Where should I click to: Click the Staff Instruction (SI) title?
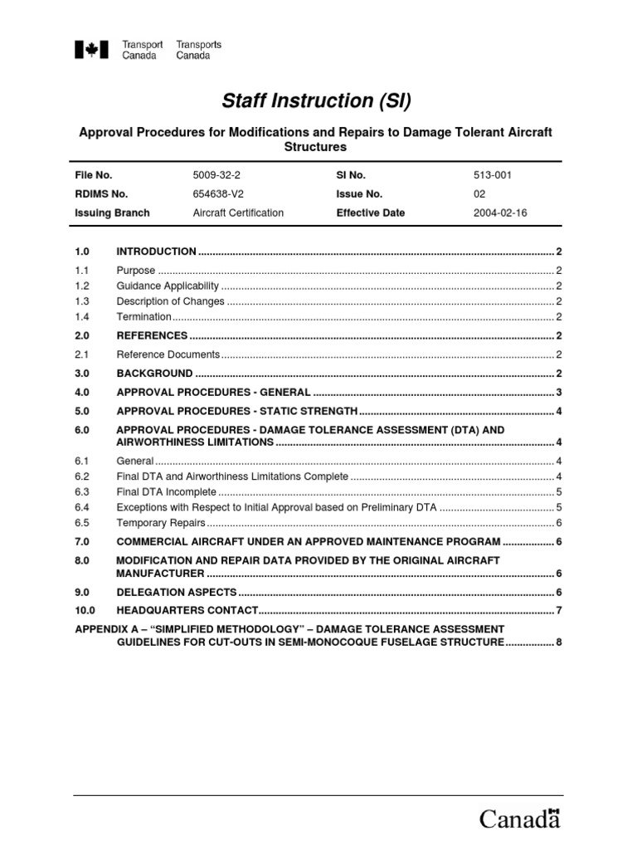316,101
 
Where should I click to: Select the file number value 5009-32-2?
215,175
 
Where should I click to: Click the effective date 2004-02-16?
499,212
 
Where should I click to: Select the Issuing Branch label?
112,212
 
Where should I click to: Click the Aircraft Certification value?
237,212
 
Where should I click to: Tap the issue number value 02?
480,193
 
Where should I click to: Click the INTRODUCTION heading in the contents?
156,252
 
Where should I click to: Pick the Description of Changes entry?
171,301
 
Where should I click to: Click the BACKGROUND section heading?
154,374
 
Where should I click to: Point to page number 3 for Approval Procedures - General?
560,393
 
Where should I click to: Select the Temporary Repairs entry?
160,522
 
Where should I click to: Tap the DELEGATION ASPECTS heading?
177,593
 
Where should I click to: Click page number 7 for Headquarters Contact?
560,611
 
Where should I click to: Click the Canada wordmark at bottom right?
520,818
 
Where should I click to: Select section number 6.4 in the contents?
81,507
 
